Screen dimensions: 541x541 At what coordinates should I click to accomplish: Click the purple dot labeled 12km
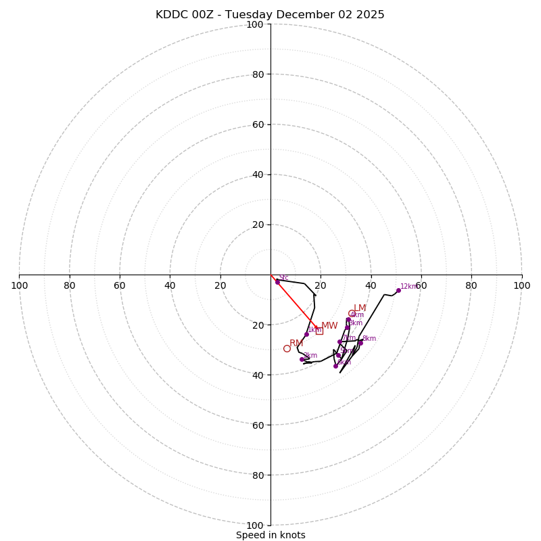point(398,290)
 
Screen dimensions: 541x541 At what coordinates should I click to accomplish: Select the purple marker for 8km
point(360,343)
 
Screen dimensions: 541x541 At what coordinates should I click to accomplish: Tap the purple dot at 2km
point(302,359)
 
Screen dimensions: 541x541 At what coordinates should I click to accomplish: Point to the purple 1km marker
point(306,334)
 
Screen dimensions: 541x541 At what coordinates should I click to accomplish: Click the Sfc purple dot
point(277,282)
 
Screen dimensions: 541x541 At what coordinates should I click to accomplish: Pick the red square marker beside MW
point(319,331)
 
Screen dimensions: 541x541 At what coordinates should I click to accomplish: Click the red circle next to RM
point(287,348)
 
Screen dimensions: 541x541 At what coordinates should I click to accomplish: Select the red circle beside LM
point(352,313)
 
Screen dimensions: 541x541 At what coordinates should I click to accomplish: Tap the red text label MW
point(329,326)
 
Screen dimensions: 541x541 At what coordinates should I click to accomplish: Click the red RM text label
point(296,344)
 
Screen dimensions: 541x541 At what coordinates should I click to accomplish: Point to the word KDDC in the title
point(170,15)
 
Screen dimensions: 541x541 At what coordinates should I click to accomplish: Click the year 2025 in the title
point(371,15)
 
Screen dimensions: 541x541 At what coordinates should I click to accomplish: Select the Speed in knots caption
point(270,535)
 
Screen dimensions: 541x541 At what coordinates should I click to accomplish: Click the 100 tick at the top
point(255,24)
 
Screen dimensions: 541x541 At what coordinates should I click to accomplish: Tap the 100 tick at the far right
point(521,285)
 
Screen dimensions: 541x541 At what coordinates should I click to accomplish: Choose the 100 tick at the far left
point(20,285)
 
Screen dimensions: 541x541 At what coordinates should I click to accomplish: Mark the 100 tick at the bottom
point(255,525)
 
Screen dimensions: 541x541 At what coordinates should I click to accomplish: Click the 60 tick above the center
point(258,124)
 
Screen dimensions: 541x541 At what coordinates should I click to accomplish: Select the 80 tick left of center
point(70,285)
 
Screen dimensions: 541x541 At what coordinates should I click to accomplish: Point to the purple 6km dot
point(348,319)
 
